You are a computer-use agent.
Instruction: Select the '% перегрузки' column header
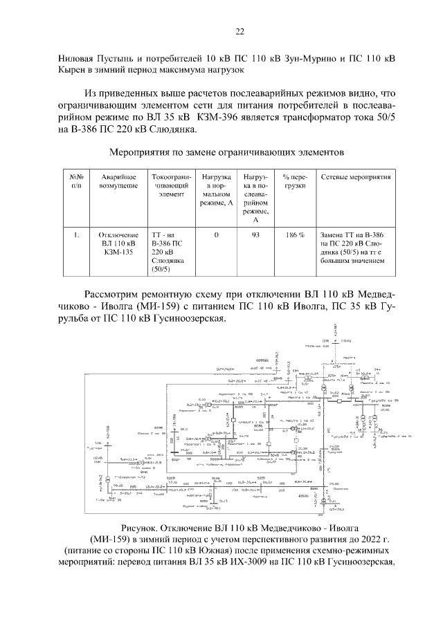294,183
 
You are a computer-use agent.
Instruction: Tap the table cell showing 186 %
294,235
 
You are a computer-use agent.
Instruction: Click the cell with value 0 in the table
216,235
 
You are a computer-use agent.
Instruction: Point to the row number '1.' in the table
76,235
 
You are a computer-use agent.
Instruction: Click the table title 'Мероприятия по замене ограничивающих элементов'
221,151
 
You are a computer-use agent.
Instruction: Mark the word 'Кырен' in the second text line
76,70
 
